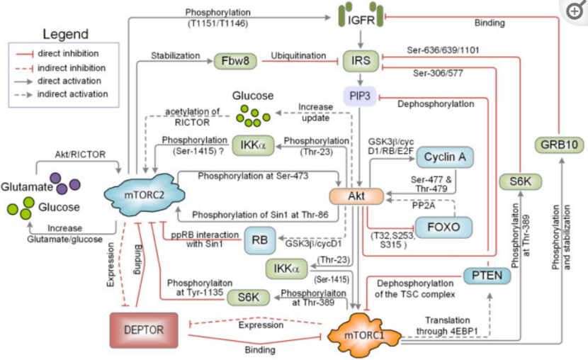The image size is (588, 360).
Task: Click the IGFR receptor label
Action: (361, 20)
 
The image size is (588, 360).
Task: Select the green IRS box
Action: (361, 61)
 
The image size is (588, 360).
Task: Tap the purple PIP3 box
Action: (360, 96)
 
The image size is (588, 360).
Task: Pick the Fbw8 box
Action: (235, 61)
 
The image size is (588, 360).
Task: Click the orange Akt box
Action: (356, 196)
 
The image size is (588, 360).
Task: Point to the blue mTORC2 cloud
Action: (145, 195)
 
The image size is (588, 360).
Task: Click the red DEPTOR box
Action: (144, 330)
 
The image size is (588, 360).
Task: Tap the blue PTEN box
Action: (487, 276)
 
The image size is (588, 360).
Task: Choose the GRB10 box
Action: (559, 145)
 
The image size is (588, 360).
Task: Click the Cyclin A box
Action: (445, 157)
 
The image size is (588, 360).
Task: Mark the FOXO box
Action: (443, 227)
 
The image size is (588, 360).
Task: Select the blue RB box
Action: (260, 240)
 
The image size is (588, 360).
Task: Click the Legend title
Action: (66, 34)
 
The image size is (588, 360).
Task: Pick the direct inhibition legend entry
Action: (57, 54)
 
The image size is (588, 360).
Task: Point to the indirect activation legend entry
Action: (61, 94)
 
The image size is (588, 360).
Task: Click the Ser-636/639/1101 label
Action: (443, 50)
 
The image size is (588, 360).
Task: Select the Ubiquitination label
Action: (298, 56)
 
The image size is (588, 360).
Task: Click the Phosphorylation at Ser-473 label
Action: (253, 176)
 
